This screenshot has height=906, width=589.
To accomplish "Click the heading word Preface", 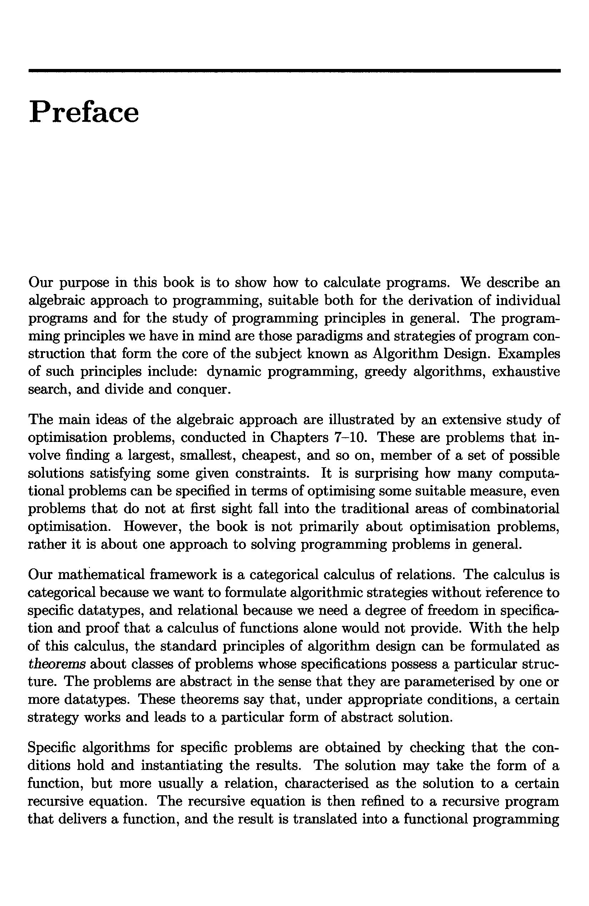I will [84, 112].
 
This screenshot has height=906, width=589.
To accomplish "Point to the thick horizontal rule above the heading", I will [294, 71].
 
